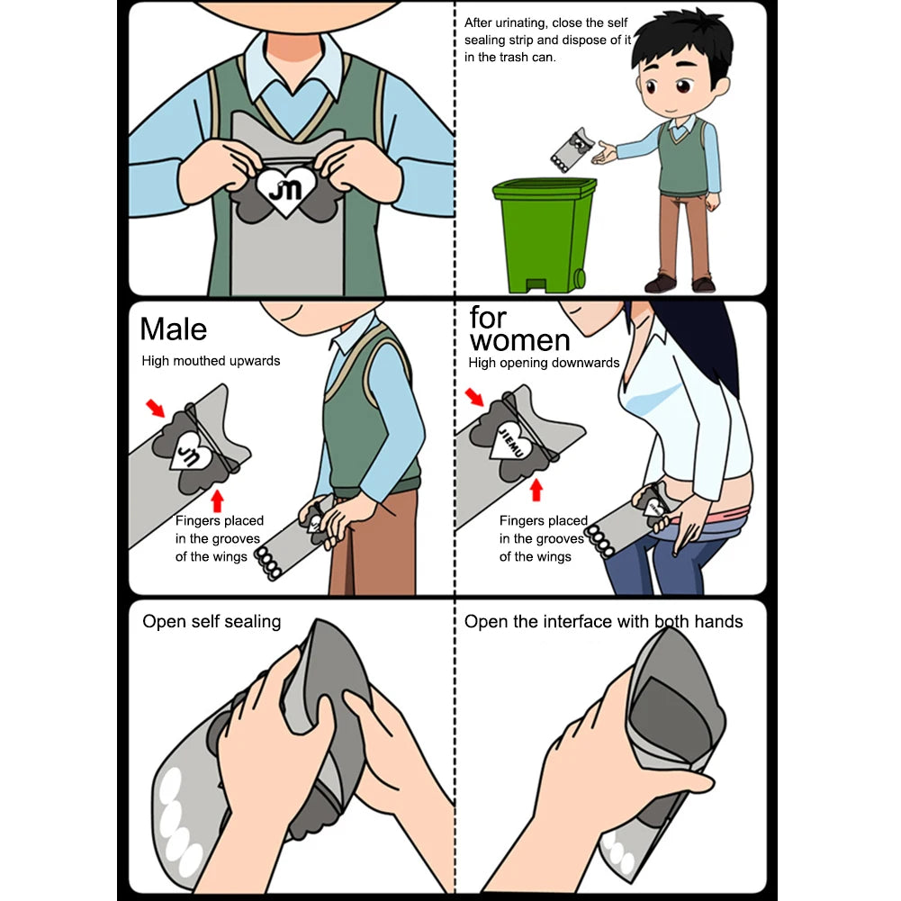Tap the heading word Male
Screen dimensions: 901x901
pos(173,329)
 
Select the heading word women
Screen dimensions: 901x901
pos(519,341)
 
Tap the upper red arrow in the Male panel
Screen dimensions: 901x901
pos(156,409)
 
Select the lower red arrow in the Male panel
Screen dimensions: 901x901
pos(216,499)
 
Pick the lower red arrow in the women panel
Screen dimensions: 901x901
pos(536,489)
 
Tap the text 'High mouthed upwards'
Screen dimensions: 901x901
pos(211,361)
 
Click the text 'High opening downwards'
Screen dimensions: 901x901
pos(544,363)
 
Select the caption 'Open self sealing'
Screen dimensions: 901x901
pos(212,621)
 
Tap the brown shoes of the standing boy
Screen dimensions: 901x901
pos(680,284)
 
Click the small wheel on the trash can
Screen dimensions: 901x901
pos(580,279)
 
